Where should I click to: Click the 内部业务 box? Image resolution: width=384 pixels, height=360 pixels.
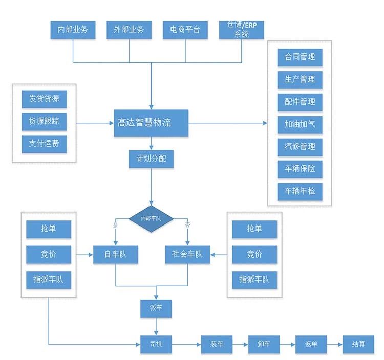[73, 30]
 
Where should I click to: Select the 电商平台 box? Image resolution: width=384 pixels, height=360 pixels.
[185, 30]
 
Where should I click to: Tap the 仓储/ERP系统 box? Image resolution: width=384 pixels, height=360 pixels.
[242, 30]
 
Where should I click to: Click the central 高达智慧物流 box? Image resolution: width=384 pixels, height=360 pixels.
[151, 123]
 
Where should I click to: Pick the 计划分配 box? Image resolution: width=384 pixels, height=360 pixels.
[151, 159]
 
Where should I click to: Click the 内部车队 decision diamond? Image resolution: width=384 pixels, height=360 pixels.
[151, 218]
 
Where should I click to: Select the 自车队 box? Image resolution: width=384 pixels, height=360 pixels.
[116, 254]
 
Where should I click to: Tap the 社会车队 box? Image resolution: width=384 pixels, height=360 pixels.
[187, 254]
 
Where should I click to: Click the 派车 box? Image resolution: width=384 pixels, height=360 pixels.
[156, 308]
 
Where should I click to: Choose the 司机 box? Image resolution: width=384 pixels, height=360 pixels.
[156, 344]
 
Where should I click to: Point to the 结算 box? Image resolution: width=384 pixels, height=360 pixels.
[358, 344]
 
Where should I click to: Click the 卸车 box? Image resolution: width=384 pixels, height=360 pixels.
[264, 344]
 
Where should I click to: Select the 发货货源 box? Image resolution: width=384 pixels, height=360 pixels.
[44, 99]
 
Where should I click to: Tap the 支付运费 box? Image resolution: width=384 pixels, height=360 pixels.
[44, 143]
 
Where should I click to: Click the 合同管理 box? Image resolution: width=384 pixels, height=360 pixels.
[300, 57]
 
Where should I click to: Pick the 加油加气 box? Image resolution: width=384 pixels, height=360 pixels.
[300, 124]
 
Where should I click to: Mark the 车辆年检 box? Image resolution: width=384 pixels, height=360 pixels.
[300, 191]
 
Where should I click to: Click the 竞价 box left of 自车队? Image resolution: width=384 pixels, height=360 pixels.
[49, 254]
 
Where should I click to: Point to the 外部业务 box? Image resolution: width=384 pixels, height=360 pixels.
[129, 30]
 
